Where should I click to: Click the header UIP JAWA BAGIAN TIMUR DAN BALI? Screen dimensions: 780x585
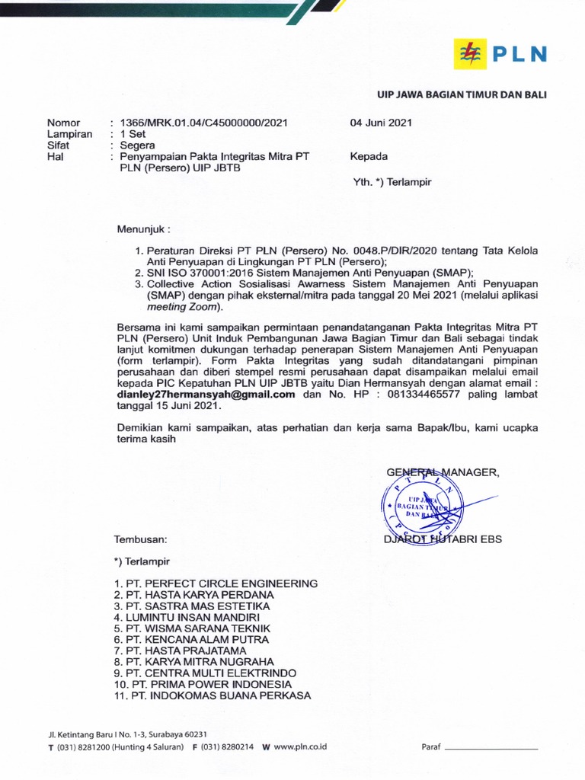coord(462,94)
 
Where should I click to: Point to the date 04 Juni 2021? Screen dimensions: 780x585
coord(381,123)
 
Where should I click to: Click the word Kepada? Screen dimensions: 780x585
coord(369,156)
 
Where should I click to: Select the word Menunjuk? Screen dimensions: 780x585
coord(143,229)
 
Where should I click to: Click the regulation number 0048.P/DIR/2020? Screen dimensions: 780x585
coord(388,249)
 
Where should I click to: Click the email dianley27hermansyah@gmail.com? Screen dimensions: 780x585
coord(206,395)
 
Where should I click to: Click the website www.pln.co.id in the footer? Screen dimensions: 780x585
coord(300,747)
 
